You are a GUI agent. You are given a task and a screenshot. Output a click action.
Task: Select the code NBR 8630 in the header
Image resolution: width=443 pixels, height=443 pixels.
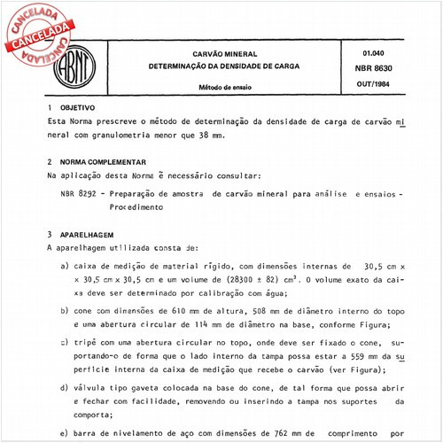366,68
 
